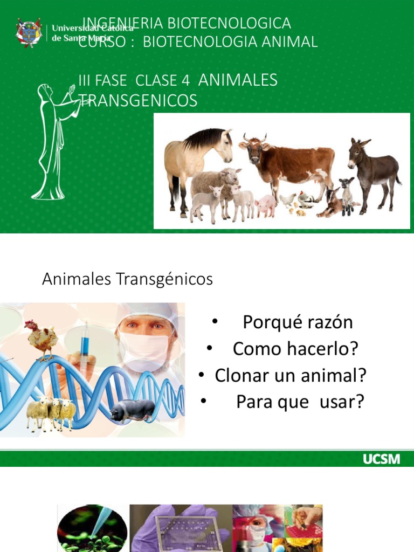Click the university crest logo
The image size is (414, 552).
(x=29, y=33)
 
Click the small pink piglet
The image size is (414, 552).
(x=265, y=205)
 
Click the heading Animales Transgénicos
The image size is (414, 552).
(x=127, y=279)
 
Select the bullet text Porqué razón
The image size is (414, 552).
(x=298, y=322)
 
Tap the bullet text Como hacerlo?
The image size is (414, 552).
(x=295, y=349)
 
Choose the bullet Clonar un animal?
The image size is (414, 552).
(x=291, y=375)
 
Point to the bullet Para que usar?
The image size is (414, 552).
(x=300, y=402)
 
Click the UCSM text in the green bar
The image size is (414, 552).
(x=381, y=459)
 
